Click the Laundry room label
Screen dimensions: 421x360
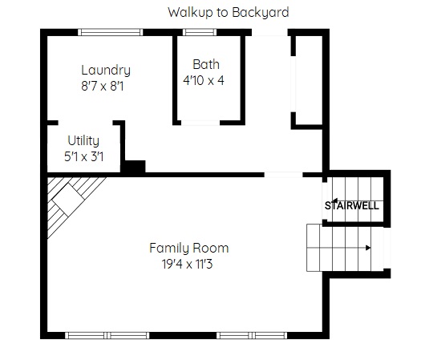(106, 71)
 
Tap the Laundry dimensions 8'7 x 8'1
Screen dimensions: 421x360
(103, 87)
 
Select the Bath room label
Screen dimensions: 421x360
(206, 64)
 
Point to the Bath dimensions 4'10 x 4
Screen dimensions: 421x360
(204, 80)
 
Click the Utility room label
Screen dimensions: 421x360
(83, 141)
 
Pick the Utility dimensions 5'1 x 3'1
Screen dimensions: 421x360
(83, 156)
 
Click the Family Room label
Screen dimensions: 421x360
(188, 248)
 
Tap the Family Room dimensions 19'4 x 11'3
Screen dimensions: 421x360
(187, 264)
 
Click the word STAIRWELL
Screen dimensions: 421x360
(352, 205)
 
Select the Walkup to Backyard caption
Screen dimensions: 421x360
(229, 12)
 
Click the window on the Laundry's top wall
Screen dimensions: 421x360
(111, 32)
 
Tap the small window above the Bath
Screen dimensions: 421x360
(200, 32)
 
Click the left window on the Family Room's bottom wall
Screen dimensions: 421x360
(107, 335)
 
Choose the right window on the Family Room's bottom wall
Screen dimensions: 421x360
(252, 335)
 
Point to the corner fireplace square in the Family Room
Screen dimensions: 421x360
(67, 200)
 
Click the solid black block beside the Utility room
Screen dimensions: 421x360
(133, 167)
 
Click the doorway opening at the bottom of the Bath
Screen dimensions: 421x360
(200, 123)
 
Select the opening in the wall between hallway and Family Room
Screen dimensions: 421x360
(283, 175)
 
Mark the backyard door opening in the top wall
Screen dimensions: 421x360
(269, 32)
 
